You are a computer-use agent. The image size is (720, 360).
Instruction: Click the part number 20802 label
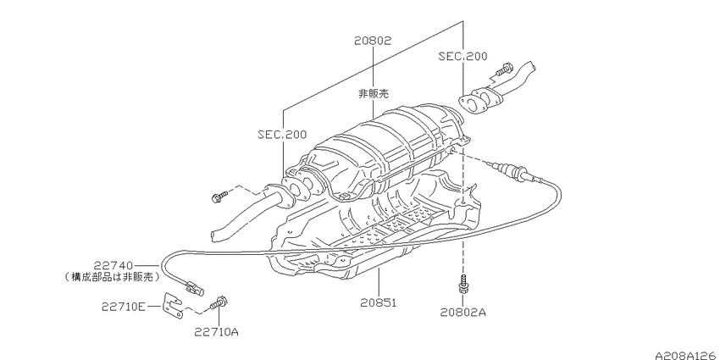373,41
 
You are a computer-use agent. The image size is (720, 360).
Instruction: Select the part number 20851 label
378,302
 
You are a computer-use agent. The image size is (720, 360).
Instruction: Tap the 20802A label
462,313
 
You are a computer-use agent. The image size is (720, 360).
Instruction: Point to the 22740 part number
114,265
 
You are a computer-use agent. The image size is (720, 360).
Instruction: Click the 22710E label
124,307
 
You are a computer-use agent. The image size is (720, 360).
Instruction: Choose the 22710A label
216,331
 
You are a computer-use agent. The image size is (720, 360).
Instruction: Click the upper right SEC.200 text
462,56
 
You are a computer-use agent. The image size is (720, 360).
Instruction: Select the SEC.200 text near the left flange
282,135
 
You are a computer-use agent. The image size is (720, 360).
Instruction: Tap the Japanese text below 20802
374,94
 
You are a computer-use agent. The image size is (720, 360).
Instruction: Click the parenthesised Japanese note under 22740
113,277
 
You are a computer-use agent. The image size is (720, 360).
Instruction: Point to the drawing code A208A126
687,356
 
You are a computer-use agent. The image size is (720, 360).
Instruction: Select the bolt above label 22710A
219,303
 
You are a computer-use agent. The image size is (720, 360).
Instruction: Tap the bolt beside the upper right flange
504,69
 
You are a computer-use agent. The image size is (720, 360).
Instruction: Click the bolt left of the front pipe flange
219,197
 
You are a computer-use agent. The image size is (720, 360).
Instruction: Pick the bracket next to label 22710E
173,305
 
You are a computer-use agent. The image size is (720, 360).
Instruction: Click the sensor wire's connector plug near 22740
194,288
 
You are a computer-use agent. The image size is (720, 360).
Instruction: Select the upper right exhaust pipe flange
480,100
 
